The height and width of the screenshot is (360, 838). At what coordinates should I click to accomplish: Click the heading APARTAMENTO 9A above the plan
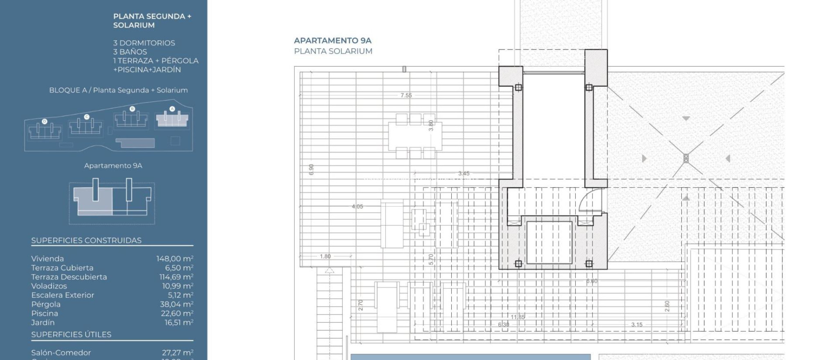(x=332, y=40)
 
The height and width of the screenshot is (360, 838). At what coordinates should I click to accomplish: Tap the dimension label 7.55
(x=406, y=95)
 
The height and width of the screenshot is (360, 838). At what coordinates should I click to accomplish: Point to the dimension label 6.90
(x=311, y=169)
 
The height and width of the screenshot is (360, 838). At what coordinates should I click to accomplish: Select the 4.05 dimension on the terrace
(x=357, y=207)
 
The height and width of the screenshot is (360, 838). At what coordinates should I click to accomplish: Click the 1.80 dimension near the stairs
(x=325, y=256)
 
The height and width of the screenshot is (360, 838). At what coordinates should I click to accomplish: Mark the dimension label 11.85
(x=518, y=317)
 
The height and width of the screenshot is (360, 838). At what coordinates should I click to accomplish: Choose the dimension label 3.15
(x=637, y=325)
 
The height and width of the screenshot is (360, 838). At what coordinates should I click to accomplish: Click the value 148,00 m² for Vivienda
(x=175, y=259)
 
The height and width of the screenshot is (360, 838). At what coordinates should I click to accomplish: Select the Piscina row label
(x=45, y=313)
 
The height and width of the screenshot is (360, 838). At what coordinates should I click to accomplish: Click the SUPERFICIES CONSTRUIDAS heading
(x=86, y=241)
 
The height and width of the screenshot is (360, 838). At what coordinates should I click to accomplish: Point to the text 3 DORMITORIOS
(x=144, y=43)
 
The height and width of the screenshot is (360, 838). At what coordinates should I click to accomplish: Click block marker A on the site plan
(x=172, y=109)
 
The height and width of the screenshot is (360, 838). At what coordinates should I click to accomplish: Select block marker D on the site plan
(x=45, y=122)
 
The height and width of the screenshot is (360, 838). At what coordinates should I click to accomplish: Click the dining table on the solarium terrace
(x=415, y=135)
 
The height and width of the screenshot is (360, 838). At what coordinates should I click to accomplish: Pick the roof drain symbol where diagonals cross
(x=686, y=158)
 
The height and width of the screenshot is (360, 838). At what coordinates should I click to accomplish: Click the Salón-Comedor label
(x=61, y=353)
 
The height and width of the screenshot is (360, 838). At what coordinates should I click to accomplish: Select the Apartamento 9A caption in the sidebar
(x=113, y=166)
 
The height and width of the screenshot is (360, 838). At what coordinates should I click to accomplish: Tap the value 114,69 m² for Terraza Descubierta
(x=176, y=277)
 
